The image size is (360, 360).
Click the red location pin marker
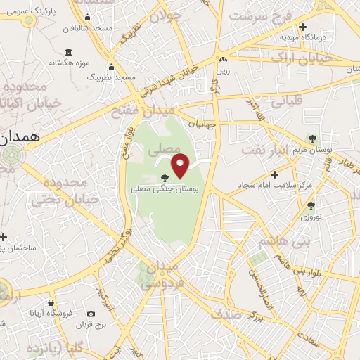(181, 165)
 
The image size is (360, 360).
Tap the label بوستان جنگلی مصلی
(166, 189)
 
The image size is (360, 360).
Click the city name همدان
(19, 138)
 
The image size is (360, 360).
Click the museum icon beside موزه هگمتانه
(68, 52)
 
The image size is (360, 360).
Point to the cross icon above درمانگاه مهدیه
(302, 27)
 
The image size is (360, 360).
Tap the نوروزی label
(310, 217)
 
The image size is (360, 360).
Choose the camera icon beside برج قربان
(91, 314)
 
